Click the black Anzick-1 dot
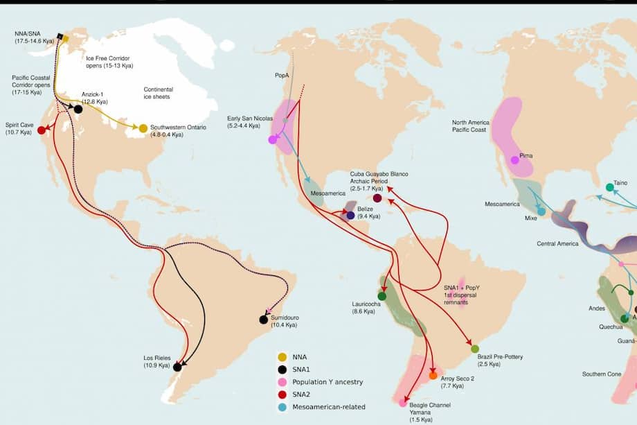78,109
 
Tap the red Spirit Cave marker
41,130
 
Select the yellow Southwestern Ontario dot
143,128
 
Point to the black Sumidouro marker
263,320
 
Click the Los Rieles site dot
177,367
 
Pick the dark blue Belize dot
351,216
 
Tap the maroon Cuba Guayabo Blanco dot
377,198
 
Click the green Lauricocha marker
382,296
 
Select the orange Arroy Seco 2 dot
433,376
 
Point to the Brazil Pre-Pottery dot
475,349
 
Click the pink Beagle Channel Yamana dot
403,402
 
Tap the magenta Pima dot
514,160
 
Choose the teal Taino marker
609,187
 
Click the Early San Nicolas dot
273,139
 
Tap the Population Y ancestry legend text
328,382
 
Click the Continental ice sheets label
158,94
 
